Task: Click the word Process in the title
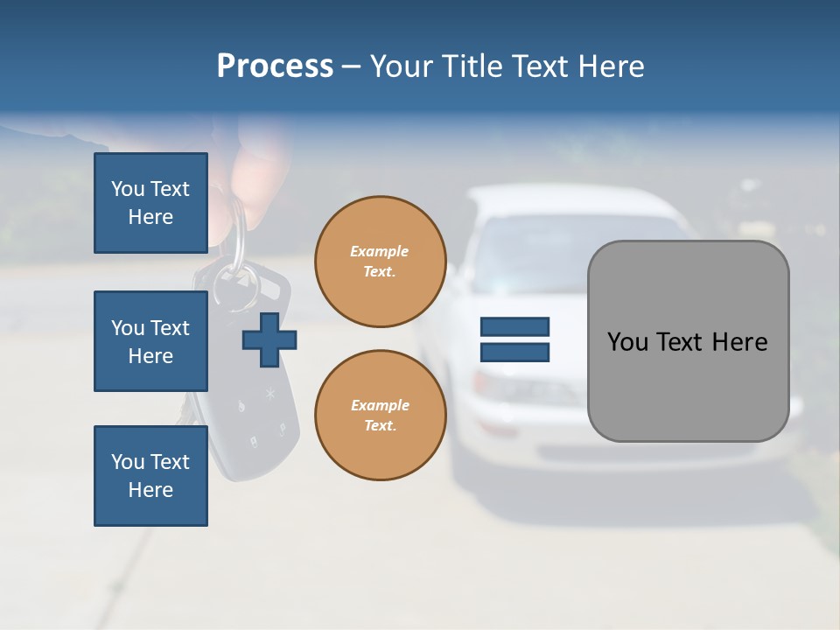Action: [275, 66]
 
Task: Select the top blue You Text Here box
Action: [150, 203]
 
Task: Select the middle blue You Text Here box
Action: [150, 341]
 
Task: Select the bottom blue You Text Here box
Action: [150, 475]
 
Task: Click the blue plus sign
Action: [269, 339]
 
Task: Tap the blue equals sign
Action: [514, 339]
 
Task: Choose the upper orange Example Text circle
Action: [380, 262]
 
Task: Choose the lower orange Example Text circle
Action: [380, 416]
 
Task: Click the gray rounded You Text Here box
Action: [688, 341]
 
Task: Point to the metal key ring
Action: [236, 262]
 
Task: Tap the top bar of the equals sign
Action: [514, 326]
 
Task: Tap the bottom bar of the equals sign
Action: [514, 352]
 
